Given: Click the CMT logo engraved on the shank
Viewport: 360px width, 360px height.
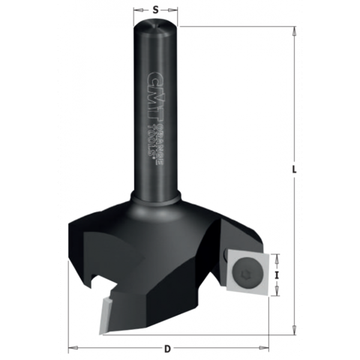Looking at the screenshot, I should pyautogui.click(x=151, y=85).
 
